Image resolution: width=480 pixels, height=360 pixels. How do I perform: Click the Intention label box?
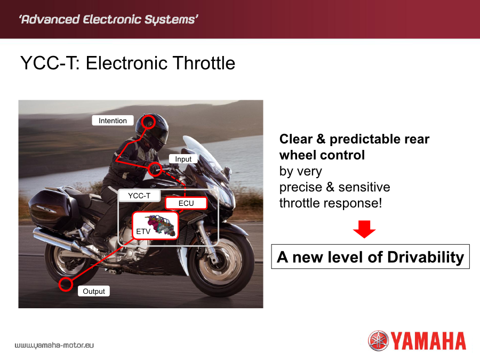coord(113,121)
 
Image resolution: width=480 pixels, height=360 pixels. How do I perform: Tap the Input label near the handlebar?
coord(183,159)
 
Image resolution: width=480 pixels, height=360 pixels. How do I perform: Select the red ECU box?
coord(186,203)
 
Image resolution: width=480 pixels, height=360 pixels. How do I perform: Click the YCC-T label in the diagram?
coord(139,196)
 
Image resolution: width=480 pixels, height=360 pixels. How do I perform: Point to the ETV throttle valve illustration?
coord(162,225)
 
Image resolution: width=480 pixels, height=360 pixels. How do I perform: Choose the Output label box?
coord(94,291)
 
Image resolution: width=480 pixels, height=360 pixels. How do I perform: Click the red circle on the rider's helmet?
coord(148,122)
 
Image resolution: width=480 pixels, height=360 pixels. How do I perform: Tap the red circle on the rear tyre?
coord(66,284)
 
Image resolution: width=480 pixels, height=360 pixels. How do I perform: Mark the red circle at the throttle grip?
coord(155,169)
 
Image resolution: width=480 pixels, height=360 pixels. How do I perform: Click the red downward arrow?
coord(364,229)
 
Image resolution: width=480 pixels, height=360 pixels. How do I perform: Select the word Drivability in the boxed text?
coord(426,257)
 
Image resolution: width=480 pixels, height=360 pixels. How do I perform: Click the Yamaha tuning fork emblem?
coord(378,340)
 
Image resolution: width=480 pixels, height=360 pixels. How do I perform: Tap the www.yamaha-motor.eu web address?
coord(54,345)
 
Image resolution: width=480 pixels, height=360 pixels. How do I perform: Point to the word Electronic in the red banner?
coord(112,19)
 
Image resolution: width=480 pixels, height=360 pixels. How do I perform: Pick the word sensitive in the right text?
coord(364,187)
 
